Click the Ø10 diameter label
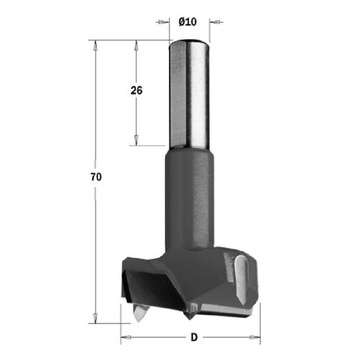click(188, 22)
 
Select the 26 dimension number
click(136, 90)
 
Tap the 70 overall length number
click(96, 177)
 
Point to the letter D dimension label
click(194, 337)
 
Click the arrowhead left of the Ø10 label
click(162, 22)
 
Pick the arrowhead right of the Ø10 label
click(216, 22)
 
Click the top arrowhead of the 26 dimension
click(136, 46)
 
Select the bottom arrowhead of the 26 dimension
click(136, 140)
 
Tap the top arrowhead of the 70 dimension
click(95, 46)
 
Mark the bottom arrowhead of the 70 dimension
click(95, 318)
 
